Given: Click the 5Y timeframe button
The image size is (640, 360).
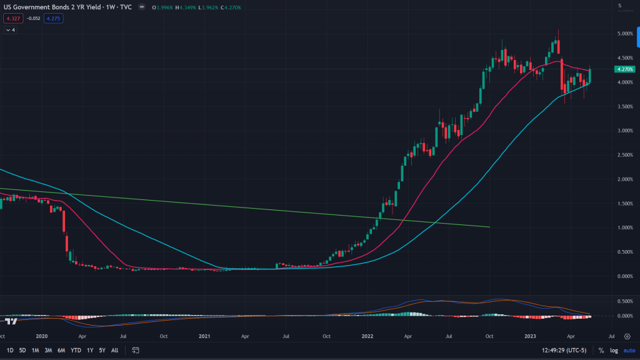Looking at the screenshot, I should click(x=102, y=350).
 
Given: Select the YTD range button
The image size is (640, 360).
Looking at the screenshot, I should click(x=76, y=350).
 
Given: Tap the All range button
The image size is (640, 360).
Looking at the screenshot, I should click(x=114, y=350).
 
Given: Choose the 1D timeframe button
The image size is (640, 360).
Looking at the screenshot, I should click(x=10, y=350).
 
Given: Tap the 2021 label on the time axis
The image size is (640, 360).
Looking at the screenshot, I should click(x=204, y=336).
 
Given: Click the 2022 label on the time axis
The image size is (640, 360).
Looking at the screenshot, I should click(x=367, y=336).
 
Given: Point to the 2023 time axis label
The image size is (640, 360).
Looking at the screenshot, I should click(x=529, y=336).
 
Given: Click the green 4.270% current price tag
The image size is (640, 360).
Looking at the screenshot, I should click(x=625, y=69).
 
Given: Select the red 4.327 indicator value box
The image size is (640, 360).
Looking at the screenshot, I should click(x=11, y=18).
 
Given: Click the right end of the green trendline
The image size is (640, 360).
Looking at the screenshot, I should click(x=489, y=227).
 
